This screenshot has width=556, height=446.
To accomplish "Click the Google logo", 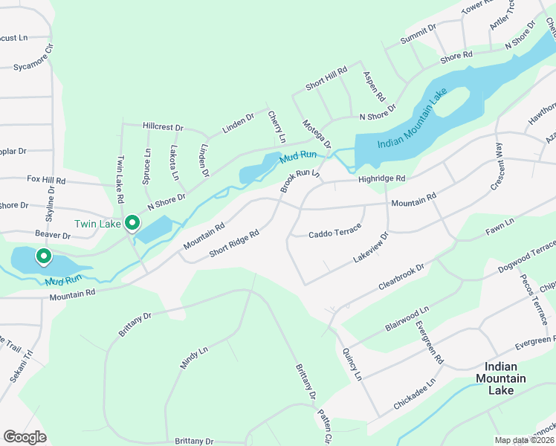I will pyautogui.click(x=25, y=437).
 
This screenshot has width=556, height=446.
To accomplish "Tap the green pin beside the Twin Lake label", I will pyautogui.click(x=132, y=222).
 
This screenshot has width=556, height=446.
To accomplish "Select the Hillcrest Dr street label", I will pyautogui.click(x=163, y=127).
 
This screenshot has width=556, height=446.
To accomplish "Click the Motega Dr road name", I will pyautogui.click(x=316, y=133).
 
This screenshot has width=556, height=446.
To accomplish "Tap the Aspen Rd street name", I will pyautogui.click(x=374, y=87).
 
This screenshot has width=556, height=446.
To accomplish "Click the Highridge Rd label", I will pyautogui.click(x=381, y=178).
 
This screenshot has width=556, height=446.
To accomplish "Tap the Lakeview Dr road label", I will pyautogui.click(x=371, y=248).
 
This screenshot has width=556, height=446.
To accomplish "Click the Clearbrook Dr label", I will pyautogui.click(x=401, y=277).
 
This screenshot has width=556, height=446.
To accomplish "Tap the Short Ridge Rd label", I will pyautogui.click(x=233, y=243).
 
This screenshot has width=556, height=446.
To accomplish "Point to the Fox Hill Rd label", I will pyautogui.click(x=46, y=180).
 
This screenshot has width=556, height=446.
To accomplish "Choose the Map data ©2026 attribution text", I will pyautogui.click(x=525, y=440).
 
